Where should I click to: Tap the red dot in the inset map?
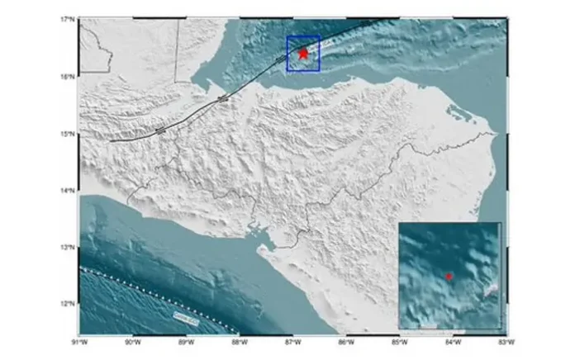pyautogui.click(x=449, y=277)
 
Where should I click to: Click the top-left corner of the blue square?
pyautogui.click(x=287, y=37)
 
